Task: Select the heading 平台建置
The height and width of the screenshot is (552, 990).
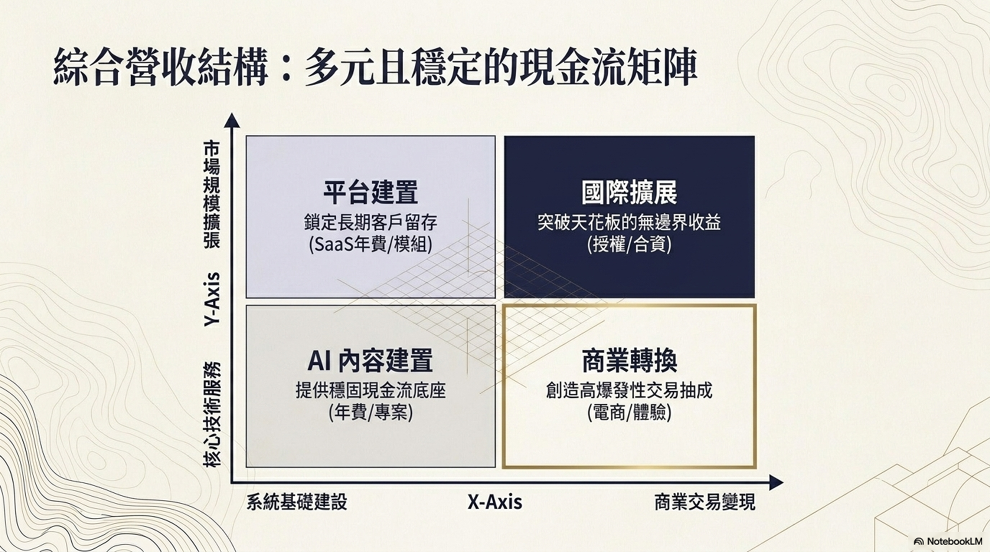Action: pyautogui.click(x=370, y=193)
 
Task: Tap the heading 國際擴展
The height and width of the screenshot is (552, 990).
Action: pyautogui.click(x=629, y=193)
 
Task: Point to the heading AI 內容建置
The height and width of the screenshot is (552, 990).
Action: pyautogui.click(x=370, y=361)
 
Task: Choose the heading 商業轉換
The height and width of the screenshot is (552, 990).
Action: pyautogui.click(x=629, y=361)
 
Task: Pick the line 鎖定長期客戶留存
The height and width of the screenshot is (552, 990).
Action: pyautogui.click(x=370, y=222)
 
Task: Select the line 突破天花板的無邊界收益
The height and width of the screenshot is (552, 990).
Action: pyautogui.click(x=629, y=222)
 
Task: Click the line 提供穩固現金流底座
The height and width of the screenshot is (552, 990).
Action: pyautogui.click(x=370, y=391)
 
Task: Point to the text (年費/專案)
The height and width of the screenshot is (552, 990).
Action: pyautogui.click(x=370, y=413)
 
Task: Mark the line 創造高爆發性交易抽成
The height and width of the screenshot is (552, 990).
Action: pyautogui.click(x=629, y=391)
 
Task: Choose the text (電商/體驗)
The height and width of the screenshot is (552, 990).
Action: pyautogui.click(x=629, y=413)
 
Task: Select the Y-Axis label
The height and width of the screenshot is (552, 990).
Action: pyautogui.click(x=212, y=300)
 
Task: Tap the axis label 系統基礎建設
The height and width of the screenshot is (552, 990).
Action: pyautogui.click(x=297, y=502)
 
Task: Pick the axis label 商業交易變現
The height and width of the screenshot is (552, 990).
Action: pyautogui.click(x=705, y=502)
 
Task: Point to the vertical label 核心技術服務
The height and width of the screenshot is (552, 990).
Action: pyautogui.click(x=212, y=415)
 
